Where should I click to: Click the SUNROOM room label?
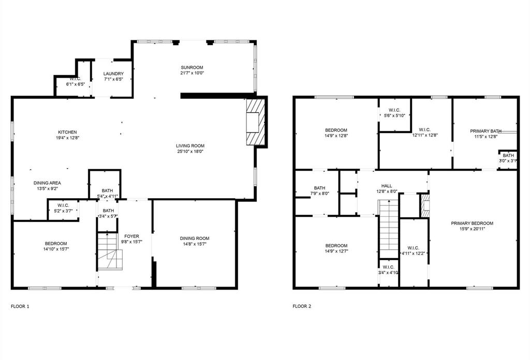point(192,68)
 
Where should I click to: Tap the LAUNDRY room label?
point(113,74)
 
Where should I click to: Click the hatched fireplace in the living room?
point(255,122)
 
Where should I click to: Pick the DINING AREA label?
point(47,183)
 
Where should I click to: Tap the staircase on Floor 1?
point(110,251)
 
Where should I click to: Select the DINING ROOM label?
point(195,238)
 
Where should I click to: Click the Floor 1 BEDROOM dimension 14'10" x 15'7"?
point(55,249)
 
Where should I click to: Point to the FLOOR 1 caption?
point(20,306)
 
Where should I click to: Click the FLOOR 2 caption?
point(302,306)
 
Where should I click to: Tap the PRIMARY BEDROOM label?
point(472,223)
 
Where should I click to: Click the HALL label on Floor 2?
point(387,186)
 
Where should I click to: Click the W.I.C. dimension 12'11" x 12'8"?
point(425,136)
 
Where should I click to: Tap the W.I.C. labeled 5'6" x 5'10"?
point(394,115)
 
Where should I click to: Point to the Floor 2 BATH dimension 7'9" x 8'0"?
point(319,193)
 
